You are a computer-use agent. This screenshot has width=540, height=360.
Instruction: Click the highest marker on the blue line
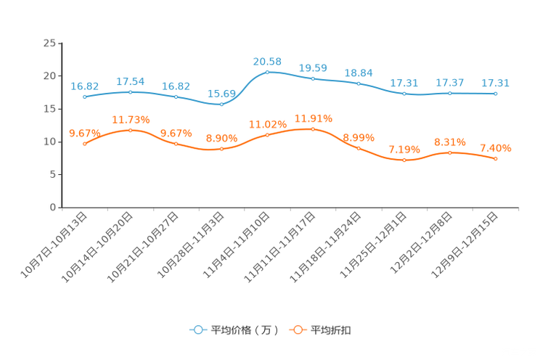268,72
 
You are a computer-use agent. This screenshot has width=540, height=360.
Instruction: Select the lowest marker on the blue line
221,105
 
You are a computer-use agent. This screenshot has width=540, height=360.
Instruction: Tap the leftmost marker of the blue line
85,97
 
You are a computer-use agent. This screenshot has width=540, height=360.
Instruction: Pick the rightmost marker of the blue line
496,94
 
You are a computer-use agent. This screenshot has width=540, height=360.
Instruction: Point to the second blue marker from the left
130,92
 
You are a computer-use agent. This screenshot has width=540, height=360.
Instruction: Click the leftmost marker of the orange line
85,144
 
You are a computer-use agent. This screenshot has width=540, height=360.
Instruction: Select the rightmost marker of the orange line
496,157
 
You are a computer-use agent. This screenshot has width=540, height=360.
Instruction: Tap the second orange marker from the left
130,130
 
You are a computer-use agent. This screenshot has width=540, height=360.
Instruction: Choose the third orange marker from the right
404,160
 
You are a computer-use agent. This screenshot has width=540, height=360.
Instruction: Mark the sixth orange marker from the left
313,129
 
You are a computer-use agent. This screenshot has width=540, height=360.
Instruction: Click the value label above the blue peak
267,62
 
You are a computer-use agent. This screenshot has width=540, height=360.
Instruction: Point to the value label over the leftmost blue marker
85,86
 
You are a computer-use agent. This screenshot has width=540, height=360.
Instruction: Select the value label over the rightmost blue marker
496,83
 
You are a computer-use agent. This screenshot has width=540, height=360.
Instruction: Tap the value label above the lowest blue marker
221,94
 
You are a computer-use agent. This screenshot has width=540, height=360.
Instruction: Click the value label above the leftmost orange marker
83,132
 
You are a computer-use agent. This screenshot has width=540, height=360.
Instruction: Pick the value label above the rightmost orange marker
496,148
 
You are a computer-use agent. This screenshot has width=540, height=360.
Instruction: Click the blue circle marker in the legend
197,330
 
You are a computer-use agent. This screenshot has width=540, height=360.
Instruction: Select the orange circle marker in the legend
297,330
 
